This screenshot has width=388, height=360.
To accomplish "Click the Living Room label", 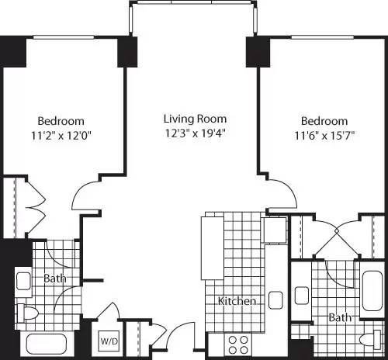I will tap(195, 119).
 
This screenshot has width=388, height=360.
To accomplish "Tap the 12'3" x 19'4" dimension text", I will tap(195, 133).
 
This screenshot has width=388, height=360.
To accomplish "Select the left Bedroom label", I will tap(61, 121).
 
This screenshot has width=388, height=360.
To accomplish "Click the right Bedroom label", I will tap(324, 121).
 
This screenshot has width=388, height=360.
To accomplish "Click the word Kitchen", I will tap(237, 301).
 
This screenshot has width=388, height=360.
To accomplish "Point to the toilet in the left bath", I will tap(28, 313).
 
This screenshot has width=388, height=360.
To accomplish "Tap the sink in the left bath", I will tap(23, 280).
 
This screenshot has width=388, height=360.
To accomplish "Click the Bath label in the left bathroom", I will tap(54, 279).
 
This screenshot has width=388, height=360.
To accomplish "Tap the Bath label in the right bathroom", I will tap(339, 318).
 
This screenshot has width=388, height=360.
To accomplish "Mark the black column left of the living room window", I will tap(127, 52).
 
